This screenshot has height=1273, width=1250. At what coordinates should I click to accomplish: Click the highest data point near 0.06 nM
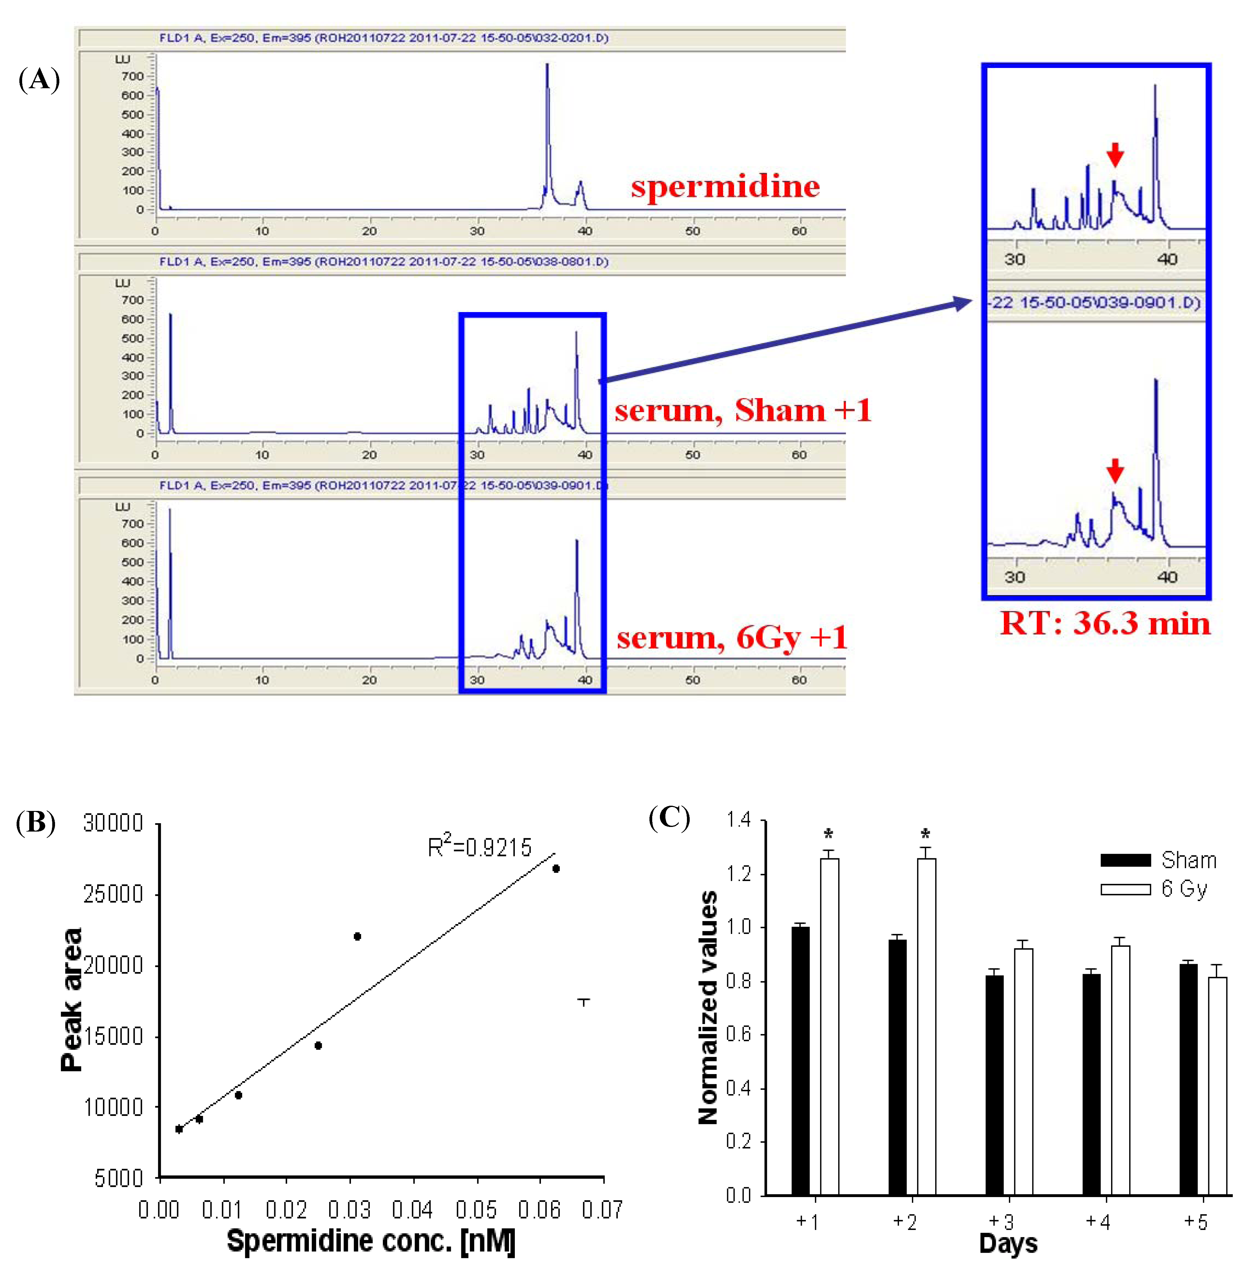556,868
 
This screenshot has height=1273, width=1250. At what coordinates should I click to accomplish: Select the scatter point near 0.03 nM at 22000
357,936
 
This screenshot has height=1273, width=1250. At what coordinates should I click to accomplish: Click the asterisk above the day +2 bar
925,835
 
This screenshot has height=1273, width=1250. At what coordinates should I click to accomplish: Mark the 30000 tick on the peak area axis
113,823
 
